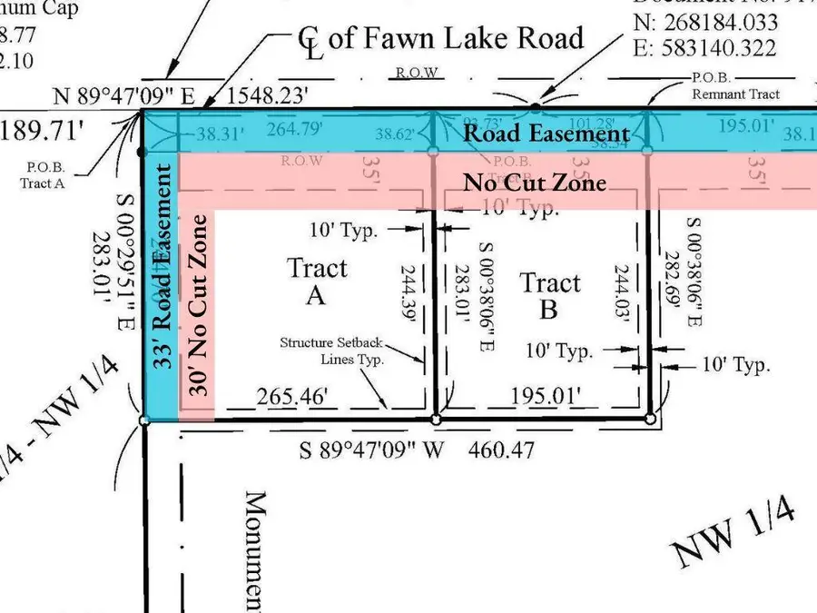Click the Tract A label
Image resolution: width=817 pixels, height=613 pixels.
[317, 281]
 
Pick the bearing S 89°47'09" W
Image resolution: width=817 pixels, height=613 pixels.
[371, 449]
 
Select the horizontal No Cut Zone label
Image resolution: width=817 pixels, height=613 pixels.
[535, 182]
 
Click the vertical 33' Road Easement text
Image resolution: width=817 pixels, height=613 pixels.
[161, 265]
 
